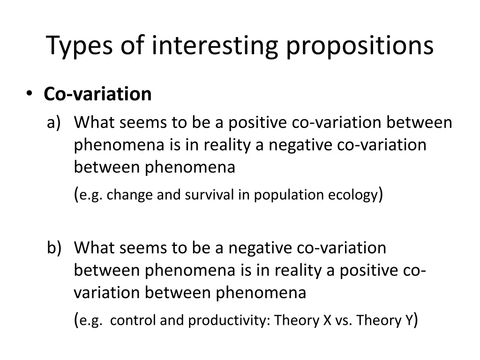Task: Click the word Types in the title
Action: (80, 46)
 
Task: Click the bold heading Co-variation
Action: (97, 94)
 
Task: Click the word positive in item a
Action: (257, 122)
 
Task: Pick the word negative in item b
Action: (258, 247)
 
